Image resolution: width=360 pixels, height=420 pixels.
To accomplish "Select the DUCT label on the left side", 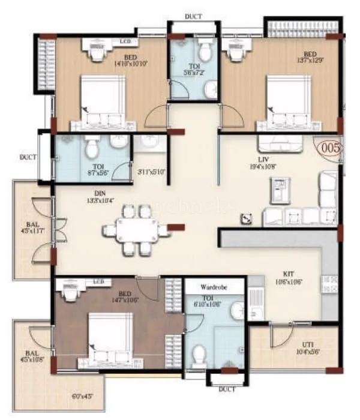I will (x=28, y=157).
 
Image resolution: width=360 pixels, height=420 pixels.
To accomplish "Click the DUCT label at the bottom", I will (x=227, y=389).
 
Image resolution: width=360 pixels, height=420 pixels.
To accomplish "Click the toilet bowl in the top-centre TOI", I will (x=206, y=50).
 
